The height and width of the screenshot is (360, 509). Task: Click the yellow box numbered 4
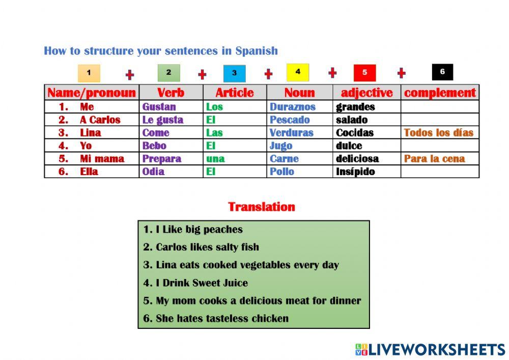point(298,72)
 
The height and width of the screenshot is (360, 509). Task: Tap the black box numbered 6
point(442,72)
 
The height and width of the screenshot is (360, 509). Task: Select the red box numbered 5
point(364,73)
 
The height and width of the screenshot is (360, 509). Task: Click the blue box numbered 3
point(234,73)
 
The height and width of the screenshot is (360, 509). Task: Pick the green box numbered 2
point(168,73)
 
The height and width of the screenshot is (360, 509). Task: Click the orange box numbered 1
point(89,73)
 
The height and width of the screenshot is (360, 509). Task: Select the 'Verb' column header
point(171,93)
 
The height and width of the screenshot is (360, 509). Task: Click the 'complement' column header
point(440,93)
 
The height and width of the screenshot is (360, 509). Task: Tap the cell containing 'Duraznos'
point(292,107)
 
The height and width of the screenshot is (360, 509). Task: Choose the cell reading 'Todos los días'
point(438,133)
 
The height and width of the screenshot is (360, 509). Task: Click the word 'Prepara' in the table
point(161,159)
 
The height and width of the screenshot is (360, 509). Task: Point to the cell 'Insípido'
point(355,172)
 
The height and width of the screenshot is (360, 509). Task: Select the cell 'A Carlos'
point(100,120)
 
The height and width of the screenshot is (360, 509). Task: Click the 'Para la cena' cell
point(434,159)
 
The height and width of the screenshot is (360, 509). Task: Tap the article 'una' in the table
point(215,159)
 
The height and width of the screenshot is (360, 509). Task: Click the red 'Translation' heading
point(262,207)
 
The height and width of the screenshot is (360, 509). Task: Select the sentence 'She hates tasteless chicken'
point(221,319)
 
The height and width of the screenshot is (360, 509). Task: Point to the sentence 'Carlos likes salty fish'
point(207,247)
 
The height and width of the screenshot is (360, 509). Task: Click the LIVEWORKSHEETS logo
point(430,349)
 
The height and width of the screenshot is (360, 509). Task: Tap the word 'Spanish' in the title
point(257,51)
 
